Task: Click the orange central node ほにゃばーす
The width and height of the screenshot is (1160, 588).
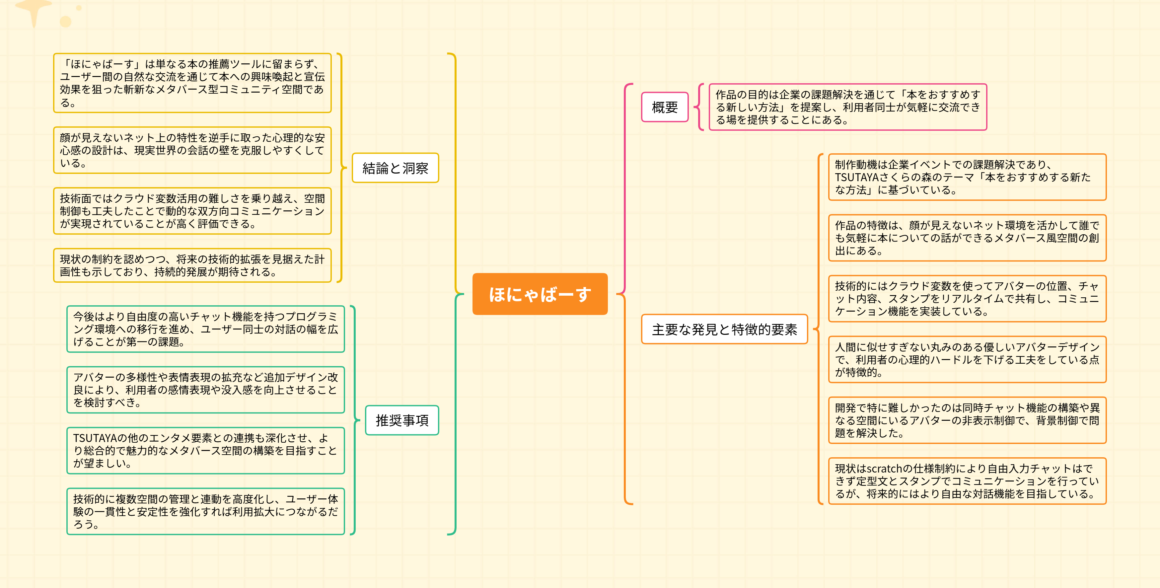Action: click(540, 294)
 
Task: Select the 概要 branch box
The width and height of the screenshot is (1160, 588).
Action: click(665, 107)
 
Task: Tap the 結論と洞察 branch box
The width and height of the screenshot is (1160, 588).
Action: click(395, 168)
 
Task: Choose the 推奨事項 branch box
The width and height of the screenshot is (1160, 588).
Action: click(402, 420)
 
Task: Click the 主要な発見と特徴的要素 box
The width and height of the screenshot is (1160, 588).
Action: click(724, 329)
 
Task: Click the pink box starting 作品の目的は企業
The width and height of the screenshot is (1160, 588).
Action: click(847, 107)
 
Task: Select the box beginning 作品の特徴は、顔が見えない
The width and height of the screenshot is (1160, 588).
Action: click(967, 238)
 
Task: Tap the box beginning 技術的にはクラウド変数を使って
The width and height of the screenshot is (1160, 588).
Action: click(967, 299)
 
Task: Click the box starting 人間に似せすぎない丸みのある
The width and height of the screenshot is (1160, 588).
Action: click(967, 359)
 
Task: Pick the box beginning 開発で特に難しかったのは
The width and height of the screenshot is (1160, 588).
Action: click(967, 420)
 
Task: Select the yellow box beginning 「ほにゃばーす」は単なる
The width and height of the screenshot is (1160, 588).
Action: click(192, 83)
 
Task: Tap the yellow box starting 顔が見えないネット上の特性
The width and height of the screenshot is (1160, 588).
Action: click(192, 150)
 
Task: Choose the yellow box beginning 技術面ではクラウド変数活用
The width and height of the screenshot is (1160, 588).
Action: click(192, 211)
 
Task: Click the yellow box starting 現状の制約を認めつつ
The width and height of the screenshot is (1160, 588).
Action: click(192, 265)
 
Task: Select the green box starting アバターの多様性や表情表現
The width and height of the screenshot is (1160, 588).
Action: click(205, 390)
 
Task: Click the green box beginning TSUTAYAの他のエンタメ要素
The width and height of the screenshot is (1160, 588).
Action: click(205, 451)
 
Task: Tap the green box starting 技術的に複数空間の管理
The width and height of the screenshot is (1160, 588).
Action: click(205, 511)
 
